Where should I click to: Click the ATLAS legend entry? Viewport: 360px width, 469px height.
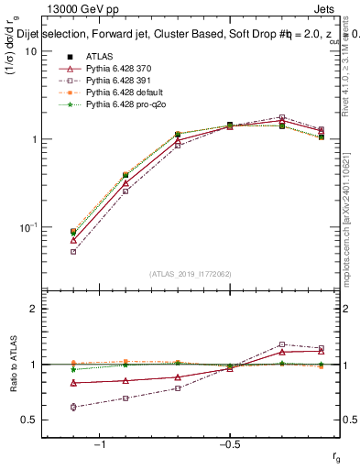(x=98, y=57)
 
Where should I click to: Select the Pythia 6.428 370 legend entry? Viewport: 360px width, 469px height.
(x=118, y=69)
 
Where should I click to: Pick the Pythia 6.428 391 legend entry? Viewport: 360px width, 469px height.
(x=118, y=81)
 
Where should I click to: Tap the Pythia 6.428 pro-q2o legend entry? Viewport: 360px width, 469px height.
(x=124, y=104)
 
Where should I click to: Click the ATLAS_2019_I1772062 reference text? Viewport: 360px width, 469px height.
(x=190, y=272)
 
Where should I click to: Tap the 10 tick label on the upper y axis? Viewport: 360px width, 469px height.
(x=30, y=52)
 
